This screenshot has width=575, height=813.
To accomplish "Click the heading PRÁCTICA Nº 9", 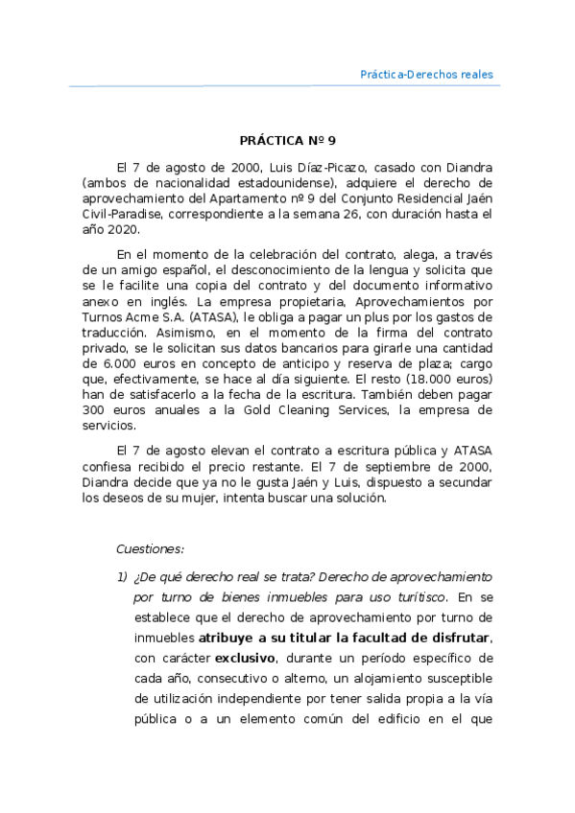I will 288,139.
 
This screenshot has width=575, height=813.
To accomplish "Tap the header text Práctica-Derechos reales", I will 426,74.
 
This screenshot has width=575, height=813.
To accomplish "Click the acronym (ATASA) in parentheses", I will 216,315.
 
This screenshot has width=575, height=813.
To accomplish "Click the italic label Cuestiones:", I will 150,549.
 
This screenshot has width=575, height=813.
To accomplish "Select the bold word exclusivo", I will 244,658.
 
